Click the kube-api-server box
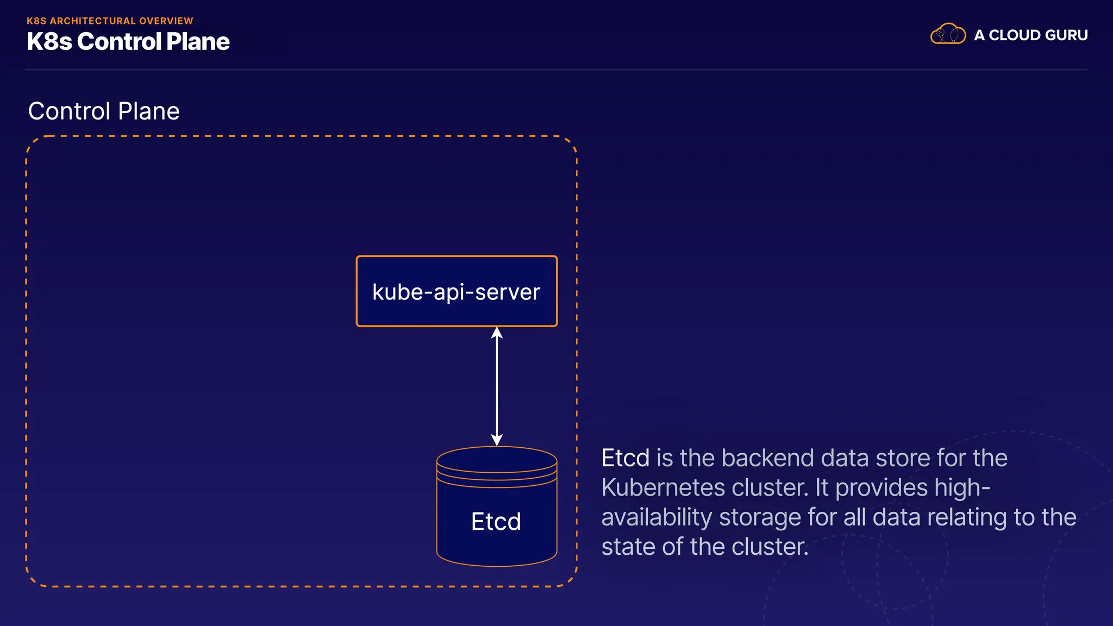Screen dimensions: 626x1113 pos(457,291)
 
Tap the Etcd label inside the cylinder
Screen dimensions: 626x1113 pos(496,522)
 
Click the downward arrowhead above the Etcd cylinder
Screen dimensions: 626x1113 pos(497,440)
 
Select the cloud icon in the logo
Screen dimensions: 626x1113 pos(948,34)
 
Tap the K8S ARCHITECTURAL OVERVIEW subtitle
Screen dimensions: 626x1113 pos(110,21)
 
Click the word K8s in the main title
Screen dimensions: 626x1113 pos(49,42)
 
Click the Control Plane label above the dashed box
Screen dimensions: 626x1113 pos(103,111)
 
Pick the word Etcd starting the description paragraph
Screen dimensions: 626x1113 pos(625,458)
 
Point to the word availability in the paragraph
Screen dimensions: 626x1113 pos(656,517)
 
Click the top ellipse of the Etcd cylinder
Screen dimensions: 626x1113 pos(497,460)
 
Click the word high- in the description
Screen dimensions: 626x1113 pos(962,487)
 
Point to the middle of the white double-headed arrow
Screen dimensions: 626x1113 pos(497,386)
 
